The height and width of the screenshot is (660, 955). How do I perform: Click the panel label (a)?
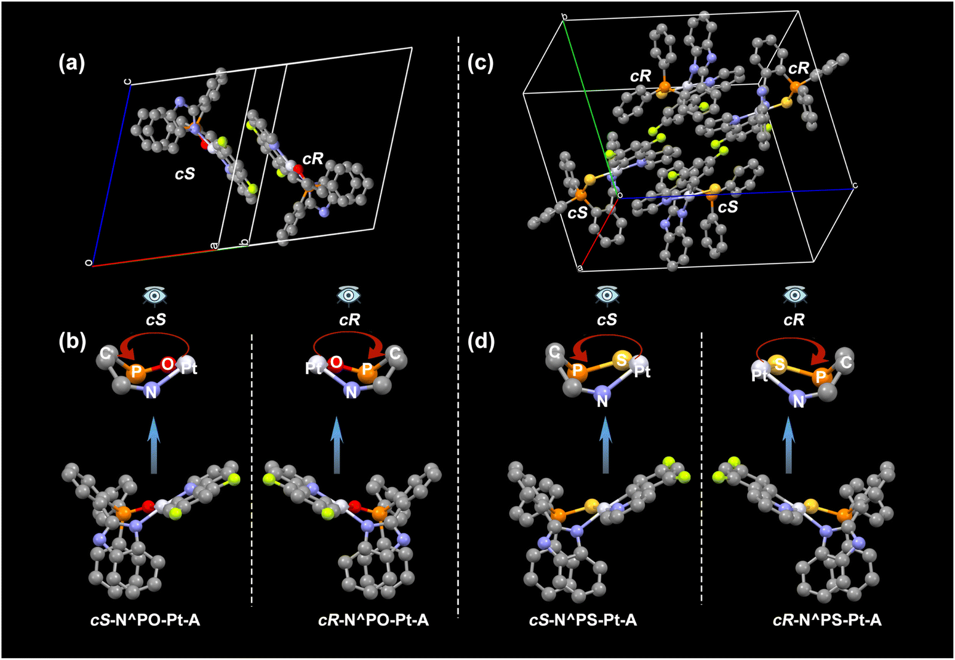point(72,63)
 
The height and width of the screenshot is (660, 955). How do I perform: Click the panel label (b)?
point(72,342)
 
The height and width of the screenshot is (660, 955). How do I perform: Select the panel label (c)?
point(481,63)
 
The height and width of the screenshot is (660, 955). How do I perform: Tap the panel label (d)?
point(481,342)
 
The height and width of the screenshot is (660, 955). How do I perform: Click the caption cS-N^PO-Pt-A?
point(145,620)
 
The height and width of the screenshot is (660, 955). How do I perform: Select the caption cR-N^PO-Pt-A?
point(373,620)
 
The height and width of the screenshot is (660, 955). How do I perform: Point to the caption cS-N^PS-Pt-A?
point(583,620)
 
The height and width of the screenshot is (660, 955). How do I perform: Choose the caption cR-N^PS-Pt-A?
point(827,620)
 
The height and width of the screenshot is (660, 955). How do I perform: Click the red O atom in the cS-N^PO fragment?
point(168,364)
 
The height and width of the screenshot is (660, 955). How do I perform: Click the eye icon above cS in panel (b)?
point(155,295)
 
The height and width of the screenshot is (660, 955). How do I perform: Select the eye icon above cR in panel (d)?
point(795,295)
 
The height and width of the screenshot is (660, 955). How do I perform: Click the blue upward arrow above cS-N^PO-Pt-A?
point(154,445)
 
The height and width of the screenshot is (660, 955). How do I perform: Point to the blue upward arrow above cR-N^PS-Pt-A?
point(789,445)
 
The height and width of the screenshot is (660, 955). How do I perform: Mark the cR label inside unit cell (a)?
point(314,159)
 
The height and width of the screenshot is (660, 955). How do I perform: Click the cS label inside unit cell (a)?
point(185,174)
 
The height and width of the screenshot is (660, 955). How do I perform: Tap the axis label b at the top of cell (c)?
point(564,17)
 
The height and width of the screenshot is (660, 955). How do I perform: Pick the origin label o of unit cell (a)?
point(88,263)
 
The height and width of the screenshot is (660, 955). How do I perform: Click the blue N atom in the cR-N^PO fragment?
point(351,391)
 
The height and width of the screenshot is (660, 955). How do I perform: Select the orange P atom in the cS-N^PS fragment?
point(578,370)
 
